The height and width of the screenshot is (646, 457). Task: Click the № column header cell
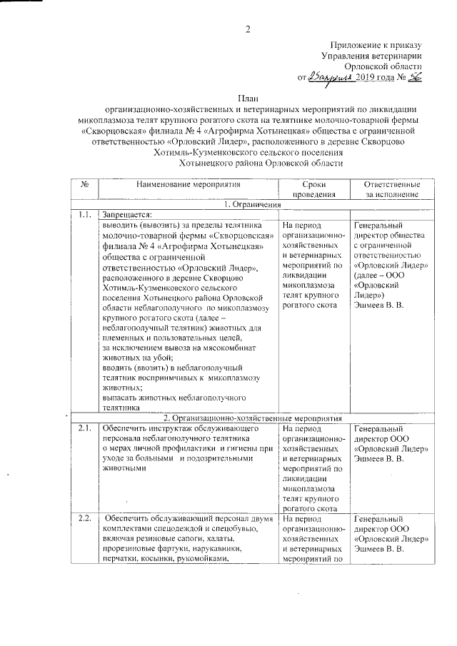tap(85, 183)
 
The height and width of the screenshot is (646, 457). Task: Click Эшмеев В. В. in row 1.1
tap(379, 306)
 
